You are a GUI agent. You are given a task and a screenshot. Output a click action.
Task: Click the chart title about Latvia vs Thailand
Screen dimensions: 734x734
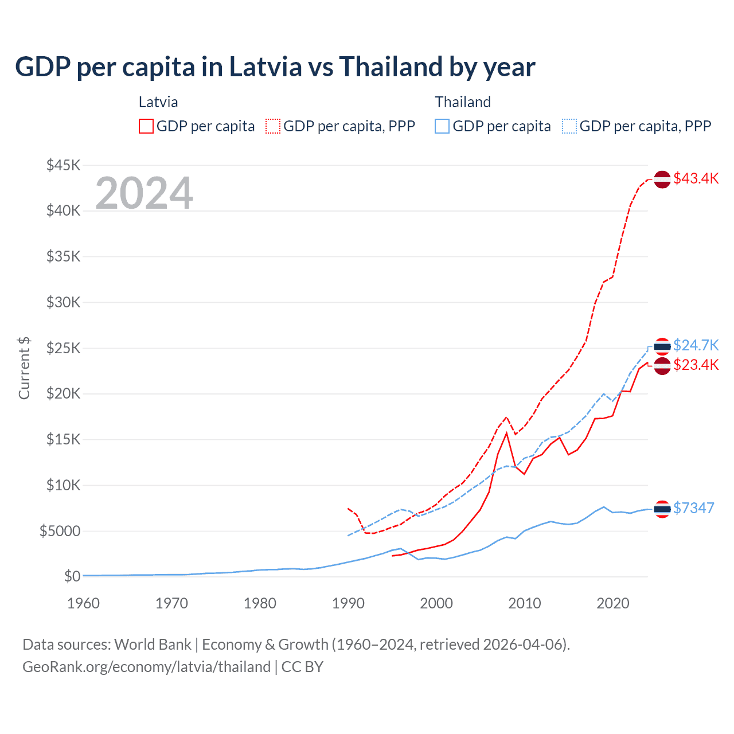[275, 67]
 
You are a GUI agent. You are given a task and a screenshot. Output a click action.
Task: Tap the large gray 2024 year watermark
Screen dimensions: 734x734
[145, 193]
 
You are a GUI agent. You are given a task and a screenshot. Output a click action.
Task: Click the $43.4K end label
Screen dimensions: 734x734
[696, 178]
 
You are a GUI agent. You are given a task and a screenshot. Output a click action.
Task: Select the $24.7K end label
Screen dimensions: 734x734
[696, 345]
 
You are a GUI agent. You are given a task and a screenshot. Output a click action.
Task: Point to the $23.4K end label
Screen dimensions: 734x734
[696, 365]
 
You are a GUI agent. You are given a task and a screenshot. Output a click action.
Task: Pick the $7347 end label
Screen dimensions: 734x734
[693, 508]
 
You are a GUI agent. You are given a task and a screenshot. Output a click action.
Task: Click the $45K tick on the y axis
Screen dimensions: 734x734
[64, 165]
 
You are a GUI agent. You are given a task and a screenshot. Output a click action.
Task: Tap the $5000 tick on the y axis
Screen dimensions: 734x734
[60, 531]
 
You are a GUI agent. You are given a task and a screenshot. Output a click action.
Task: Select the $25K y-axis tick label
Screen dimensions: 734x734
[64, 348]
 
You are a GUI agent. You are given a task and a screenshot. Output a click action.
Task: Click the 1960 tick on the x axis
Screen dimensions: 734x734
[84, 603]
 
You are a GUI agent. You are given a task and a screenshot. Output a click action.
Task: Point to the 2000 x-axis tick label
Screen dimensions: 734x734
[436, 603]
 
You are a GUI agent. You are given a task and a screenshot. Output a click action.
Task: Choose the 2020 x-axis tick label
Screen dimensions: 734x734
[613, 603]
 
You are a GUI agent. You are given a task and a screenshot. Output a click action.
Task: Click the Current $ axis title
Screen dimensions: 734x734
[24, 368]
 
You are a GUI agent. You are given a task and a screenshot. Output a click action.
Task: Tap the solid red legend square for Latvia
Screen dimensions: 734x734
[146, 126]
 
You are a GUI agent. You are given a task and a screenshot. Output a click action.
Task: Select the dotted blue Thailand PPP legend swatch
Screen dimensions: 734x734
[569, 126]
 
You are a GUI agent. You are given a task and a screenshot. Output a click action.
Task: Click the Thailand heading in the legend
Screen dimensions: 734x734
[463, 102]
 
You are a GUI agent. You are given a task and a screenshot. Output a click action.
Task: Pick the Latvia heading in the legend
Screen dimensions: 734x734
[158, 102]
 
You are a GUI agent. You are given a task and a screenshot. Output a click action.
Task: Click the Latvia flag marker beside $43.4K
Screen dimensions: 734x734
[662, 179]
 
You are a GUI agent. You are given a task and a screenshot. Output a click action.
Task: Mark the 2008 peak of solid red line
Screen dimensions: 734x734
[506, 433]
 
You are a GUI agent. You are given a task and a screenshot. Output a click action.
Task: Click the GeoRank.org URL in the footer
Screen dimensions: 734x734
[146, 667]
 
